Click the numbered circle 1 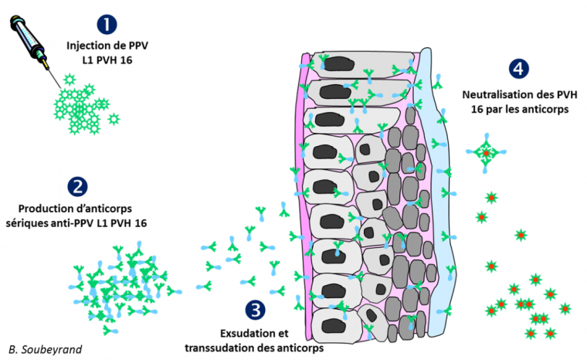point(107,24)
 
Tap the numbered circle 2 point(77,185)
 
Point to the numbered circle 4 point(520,68)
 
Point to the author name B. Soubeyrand point(45,349)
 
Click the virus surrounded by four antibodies point(485,152)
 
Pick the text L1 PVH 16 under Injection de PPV point(107,60)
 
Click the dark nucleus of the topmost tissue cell point(335,67)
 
